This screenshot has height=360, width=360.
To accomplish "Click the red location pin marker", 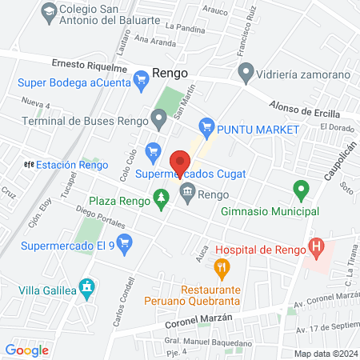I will pos(180,160).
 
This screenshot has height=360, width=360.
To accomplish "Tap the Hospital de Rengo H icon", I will pos(318,249).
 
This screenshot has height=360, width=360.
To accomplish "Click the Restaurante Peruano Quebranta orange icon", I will pos(222,266).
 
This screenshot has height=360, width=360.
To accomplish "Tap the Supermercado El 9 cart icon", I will pos(123,242).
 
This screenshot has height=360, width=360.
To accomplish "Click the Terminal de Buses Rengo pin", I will pos(159,121).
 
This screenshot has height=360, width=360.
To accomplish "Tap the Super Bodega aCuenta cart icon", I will pos(142,78).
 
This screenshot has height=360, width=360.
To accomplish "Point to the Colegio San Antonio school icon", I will pos(47,12).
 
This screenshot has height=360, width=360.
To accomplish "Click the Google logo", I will pos(26,350).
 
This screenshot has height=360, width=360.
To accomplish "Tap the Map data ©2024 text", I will pos(325,354).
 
